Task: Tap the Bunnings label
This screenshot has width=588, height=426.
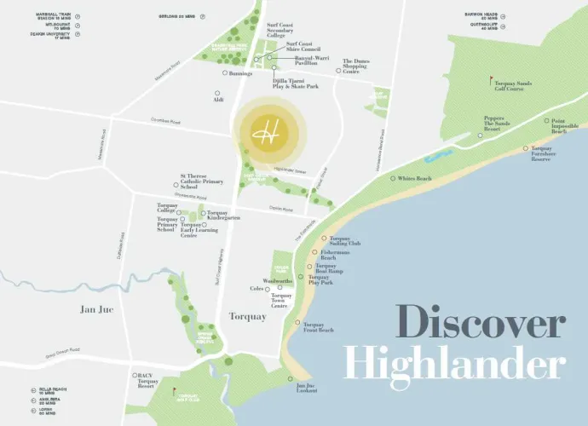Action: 239,74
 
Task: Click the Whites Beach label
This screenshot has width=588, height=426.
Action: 415,178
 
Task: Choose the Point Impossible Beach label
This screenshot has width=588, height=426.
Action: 558,126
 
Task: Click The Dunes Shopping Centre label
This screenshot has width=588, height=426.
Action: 362,66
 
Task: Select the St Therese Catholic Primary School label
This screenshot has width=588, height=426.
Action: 201,182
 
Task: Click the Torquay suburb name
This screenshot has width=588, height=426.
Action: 248,317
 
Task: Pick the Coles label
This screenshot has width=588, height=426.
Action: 257,290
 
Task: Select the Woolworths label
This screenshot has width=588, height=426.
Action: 278,280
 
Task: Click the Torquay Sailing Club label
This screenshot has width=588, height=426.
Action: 345,241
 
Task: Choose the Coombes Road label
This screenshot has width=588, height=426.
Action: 167,120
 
